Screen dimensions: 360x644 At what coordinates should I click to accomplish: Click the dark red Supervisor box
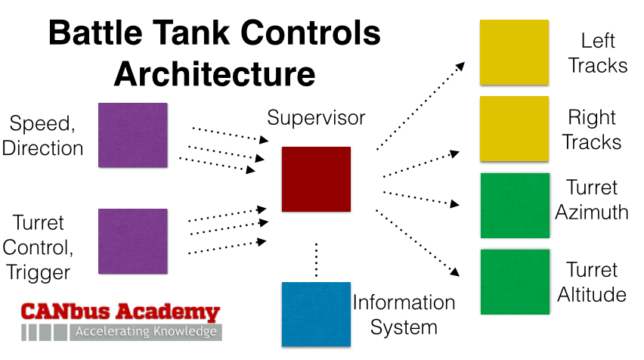pos(316,179)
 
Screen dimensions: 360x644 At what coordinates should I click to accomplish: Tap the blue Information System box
pos(315,313)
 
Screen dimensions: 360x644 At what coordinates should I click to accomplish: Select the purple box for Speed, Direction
pos(133,135)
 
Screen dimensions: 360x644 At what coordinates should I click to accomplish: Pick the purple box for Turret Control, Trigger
pos(133,241)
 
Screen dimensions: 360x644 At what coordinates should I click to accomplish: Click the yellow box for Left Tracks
pos(514,52)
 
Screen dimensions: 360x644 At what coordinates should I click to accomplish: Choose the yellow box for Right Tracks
pos(514,129)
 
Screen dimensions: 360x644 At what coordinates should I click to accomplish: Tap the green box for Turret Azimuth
pos(515,206)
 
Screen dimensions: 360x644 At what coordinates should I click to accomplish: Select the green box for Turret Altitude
pos(515,281)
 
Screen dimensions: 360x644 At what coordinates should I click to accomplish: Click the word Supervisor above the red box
pos(316,118)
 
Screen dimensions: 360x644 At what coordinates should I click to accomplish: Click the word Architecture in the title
pos(214,74)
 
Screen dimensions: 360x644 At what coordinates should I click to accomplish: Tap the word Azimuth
pos(592,212)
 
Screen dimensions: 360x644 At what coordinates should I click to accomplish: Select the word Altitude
pos(592,294)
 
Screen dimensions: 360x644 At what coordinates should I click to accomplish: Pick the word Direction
pos(42,147)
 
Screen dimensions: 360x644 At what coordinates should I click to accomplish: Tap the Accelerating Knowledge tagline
pos(146,332)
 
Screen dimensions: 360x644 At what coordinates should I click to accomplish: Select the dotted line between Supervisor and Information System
pos(317,259)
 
